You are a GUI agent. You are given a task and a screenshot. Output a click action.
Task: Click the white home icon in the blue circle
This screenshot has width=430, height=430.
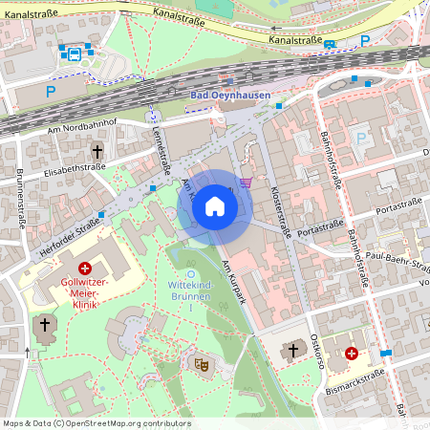pyautogui.click(x=215, y=205)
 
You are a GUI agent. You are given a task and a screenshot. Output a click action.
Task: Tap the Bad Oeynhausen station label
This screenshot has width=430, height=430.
pyautogui.click(x=230, y=96)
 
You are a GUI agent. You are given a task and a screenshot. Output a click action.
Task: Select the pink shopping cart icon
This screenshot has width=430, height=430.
pyautogui.click(x=247, y=182)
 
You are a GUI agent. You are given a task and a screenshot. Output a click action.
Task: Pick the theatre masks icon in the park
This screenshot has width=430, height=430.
pyautogui.click(x=202, y=364)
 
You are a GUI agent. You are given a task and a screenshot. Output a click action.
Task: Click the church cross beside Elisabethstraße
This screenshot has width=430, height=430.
pyautogui.click(x=97, y=151)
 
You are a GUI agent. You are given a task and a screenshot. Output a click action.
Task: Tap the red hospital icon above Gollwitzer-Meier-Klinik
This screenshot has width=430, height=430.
pyautogui.click(x=86, y=269)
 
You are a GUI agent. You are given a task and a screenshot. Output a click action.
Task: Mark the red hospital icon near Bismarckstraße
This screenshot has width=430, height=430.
pyautogui.click(x=351, y=354)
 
